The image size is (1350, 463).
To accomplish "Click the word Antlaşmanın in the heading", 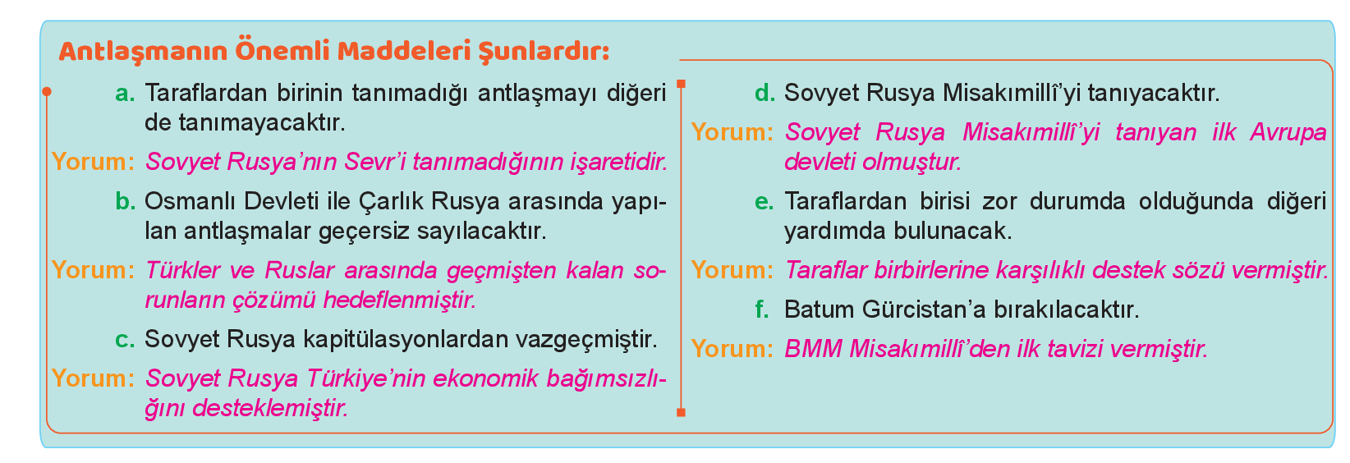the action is coord(144,51).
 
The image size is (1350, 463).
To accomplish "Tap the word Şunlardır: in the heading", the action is coord(544,51).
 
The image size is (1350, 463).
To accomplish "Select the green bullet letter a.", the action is coord(126,94).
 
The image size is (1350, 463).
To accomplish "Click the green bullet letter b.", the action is coord(126,201).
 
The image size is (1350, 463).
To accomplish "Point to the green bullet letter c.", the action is coord(126,340).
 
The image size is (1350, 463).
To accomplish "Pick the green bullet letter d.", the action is coord(765,93).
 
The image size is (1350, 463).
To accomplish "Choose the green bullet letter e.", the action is coord(765,203).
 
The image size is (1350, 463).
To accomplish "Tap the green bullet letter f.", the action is coord(762,309).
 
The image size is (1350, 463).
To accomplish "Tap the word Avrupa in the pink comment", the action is coord(1288,133).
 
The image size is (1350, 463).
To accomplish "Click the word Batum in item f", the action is coord(819,309).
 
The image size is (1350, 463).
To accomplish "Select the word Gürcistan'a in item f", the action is coord(924,309).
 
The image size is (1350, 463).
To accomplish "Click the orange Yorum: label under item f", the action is coord(732,349).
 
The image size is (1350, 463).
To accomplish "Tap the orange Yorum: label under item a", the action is coord(93,162).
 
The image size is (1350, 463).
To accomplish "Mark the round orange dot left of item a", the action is coord(47,92).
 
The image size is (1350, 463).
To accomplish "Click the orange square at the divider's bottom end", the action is coord(681,412).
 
